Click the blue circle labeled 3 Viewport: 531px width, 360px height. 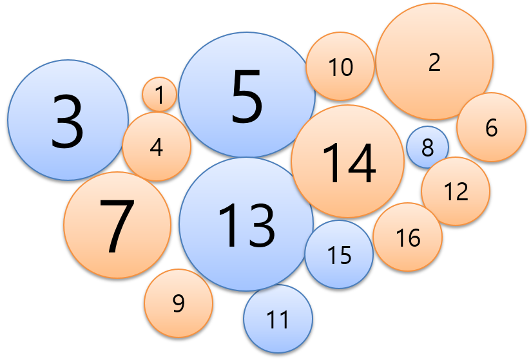(x=68, y=120)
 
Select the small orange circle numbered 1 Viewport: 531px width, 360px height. (x=159, y=95)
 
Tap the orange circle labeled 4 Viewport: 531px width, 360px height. (x=157, y=147)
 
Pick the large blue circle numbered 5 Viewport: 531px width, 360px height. (x=247, y=95)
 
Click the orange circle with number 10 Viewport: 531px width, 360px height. (x=340, y=66)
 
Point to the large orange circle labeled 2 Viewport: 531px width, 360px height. (x=434, y=61)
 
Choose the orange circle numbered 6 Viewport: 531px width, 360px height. (x=491, y=127)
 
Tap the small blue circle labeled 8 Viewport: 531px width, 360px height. (x=427, y=147)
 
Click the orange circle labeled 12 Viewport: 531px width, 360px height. (x=456, y=191)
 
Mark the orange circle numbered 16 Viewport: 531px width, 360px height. (x=408, y=237)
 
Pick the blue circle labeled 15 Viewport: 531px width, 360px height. (x=339, y=254)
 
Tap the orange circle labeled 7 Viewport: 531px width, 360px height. (x=117, y=225)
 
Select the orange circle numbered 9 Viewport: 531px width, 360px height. (x=179, y=303)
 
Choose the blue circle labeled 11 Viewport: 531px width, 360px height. (x=278, y=319)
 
